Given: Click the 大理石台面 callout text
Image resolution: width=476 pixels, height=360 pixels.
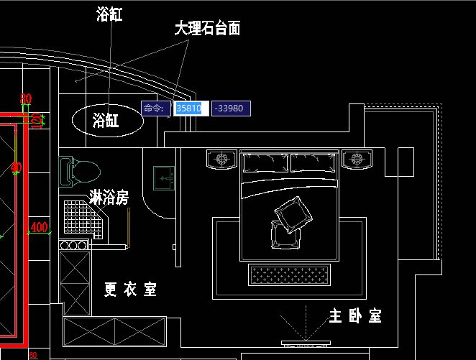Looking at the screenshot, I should [x=207, y=29].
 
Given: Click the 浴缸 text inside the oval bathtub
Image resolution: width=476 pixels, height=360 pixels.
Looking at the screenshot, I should [x=109, y=121].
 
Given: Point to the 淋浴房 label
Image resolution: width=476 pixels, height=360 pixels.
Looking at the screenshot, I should [x=109, y=196].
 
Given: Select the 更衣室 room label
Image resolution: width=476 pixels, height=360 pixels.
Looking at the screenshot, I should [x=130, y=289].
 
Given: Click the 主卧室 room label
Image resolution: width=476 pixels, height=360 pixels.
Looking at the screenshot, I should [x=354, y=315].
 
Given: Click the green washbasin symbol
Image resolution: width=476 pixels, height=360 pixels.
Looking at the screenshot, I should [x=164, y=177].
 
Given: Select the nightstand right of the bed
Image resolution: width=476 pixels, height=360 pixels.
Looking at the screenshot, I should [x=355, y=158].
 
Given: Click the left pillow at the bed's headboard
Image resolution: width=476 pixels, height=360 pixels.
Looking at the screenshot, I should [x=265, y=163].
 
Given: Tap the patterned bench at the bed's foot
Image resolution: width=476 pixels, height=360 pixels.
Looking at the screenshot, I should [x=289, y=274].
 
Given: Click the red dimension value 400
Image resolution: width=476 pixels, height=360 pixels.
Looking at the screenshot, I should [x=39, y=228].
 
